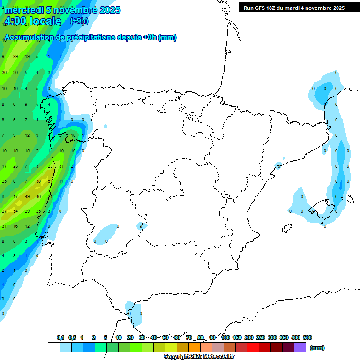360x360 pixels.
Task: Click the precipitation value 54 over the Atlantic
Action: point(15,211)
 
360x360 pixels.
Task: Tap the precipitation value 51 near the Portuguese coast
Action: point(50,181)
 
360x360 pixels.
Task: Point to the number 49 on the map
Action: point(27,197)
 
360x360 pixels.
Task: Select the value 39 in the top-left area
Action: point(15,57)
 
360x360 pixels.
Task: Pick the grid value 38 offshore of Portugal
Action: point(38,181)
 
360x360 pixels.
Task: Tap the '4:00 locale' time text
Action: point(33,21)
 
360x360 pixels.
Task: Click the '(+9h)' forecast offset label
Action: point(79,21)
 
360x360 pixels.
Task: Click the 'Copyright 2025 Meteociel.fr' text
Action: point(199,357)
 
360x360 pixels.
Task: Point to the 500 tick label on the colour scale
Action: point(307,337)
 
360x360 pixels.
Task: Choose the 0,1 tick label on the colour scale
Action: point(60,337)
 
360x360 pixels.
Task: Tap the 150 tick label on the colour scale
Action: point(237,337)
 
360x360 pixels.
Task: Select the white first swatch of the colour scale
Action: point(54,347)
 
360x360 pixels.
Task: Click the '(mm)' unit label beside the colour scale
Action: point(317,348)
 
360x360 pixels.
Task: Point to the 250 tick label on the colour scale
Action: point(261,337)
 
